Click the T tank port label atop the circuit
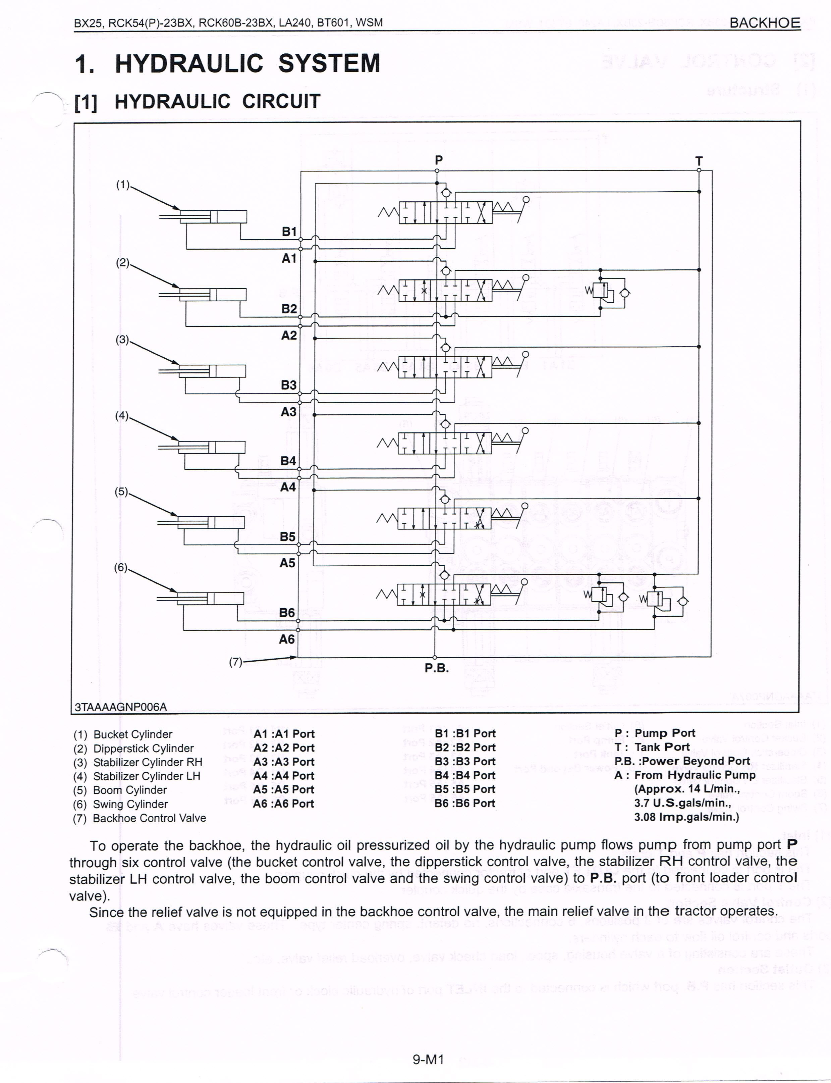(699, 161)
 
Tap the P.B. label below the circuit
(436, 668)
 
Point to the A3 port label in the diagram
(288, 412)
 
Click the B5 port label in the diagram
(287, 537)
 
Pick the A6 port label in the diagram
(287, 639)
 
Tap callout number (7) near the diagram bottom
(235, 662)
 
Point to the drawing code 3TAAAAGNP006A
(121, 707)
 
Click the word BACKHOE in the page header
(765, 23)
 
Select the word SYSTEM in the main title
(329, 63)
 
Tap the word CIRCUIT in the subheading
(281, 101)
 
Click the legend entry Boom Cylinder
(130, 790)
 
